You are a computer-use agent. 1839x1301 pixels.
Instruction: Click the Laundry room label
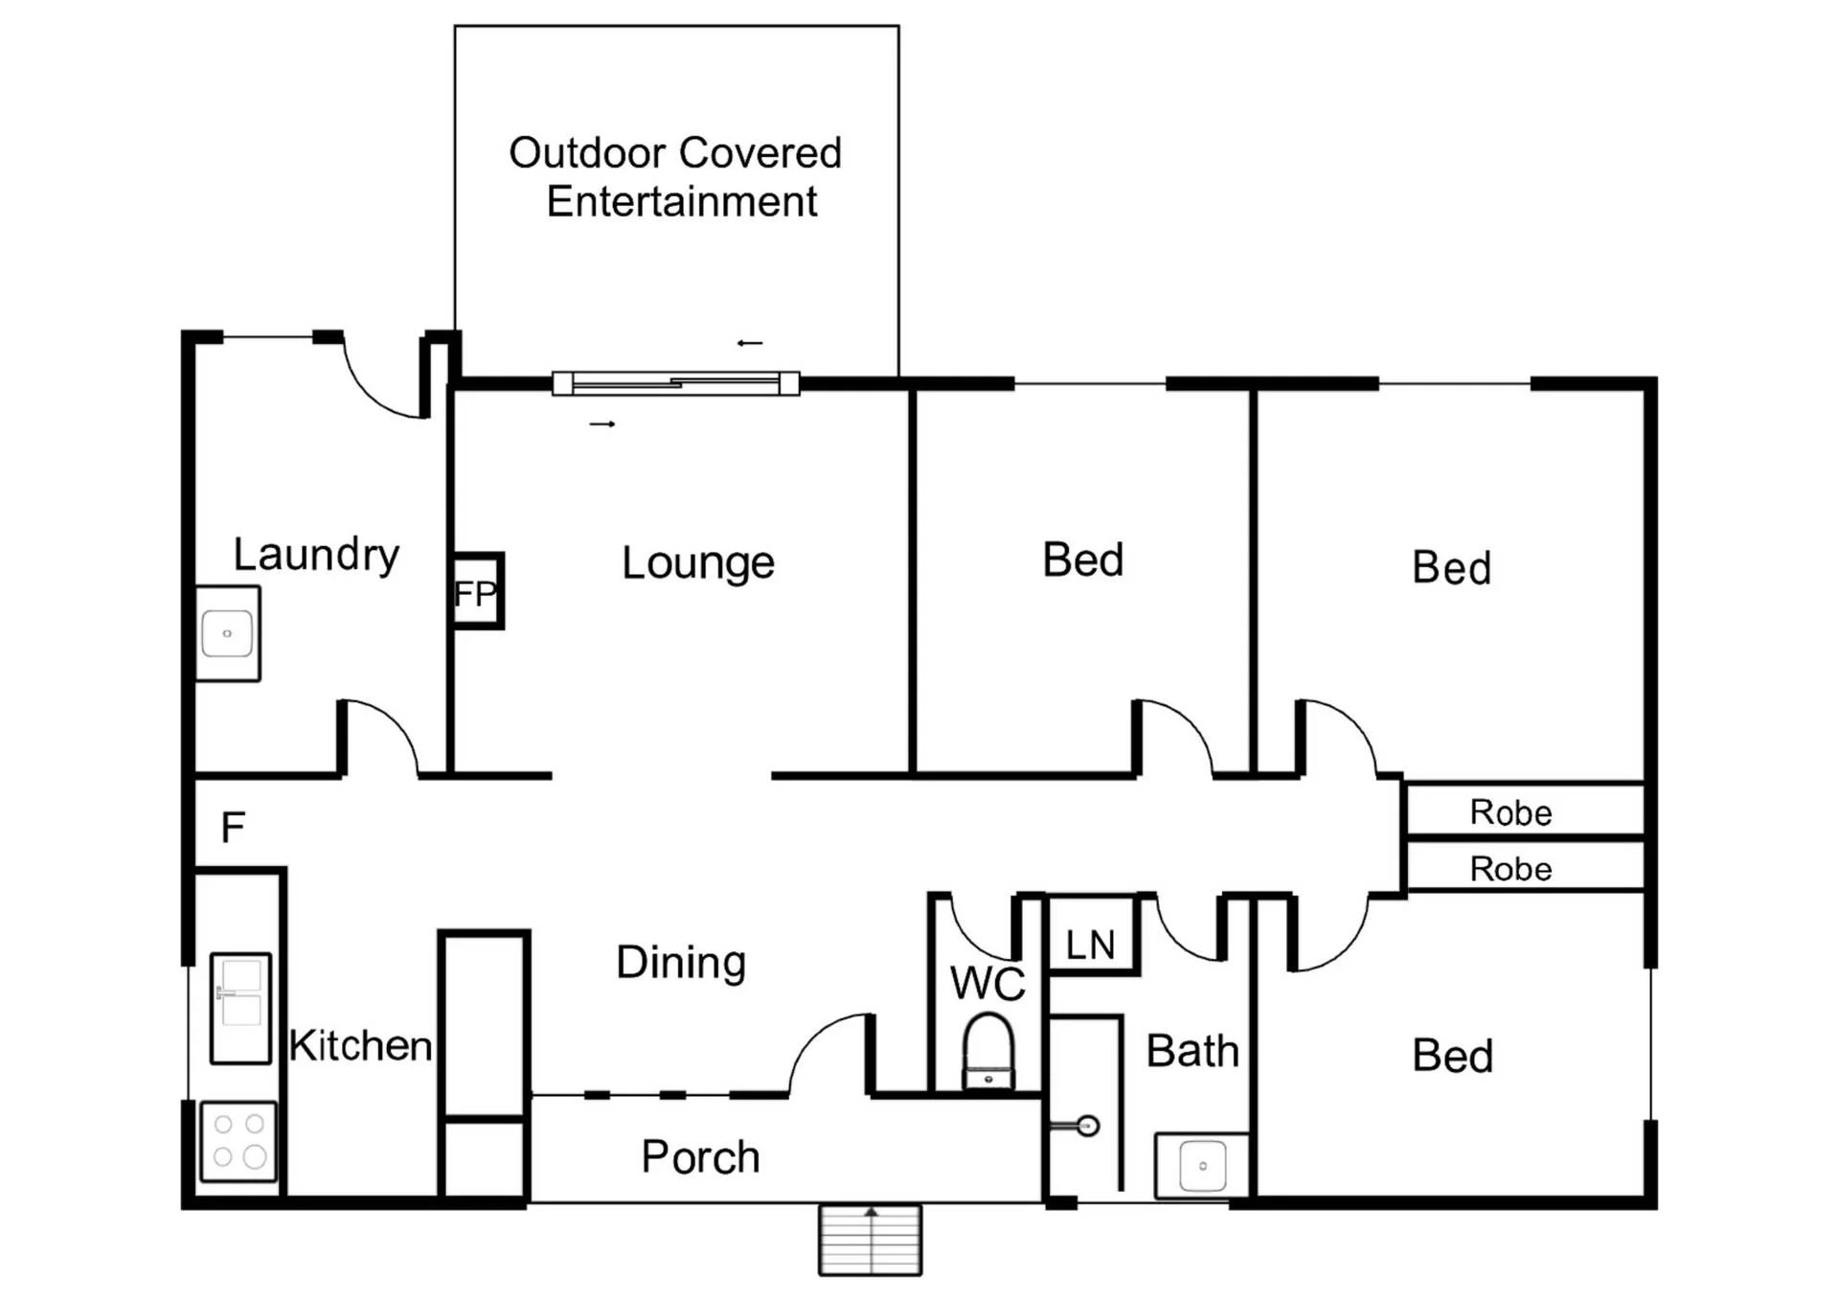click(x=316, y=556)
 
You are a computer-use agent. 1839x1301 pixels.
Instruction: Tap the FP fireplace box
click(x=477, y=591)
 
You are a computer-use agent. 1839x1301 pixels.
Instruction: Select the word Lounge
click(x=698, y=563)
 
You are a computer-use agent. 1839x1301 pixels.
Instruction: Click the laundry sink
click(x=227, y=633)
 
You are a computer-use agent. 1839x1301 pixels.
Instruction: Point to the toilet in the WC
click(x=988, y=1052)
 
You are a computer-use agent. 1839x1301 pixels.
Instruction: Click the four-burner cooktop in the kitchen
click(x=238, y=1142)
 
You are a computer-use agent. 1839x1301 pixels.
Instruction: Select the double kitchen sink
click(x=240, y=1008)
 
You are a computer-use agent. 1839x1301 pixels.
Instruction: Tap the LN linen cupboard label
click(x=1091, y=946)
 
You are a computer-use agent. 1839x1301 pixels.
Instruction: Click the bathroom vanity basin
click(x=1202, y=1166)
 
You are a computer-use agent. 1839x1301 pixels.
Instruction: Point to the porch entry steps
click(x=870, y=1240)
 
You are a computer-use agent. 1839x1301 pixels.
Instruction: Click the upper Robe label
click(x=1510, y=812)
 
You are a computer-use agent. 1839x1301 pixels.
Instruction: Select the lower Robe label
click(x=1510, y=869)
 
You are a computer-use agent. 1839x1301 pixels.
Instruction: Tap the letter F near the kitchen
click(x=233, y=827)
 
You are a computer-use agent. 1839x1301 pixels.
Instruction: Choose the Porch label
click(x=700, y=1157)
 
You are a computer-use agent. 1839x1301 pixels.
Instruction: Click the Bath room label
click(x=1192, y=1051)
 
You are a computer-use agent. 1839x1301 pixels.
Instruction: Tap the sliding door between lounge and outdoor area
click(x=676, y=384)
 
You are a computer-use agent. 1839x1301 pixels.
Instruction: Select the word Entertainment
click(x=682, y=202)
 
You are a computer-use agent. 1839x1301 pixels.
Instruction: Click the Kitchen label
click(x=360, y=1046)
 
